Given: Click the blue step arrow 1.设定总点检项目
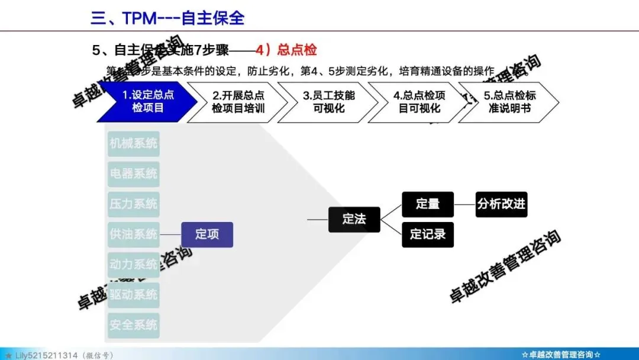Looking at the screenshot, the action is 147,102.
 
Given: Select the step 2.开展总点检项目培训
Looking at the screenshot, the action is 238,102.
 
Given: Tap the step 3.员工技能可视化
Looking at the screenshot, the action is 328,102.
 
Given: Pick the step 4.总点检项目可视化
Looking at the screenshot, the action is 419,102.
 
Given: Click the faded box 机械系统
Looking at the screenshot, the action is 134,143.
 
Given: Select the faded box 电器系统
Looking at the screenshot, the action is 134,174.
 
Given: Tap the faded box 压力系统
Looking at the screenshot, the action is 134,204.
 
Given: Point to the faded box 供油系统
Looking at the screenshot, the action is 134,234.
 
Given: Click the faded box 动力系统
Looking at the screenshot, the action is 134,265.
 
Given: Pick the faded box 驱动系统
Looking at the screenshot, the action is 134,295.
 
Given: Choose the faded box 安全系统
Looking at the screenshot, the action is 134,325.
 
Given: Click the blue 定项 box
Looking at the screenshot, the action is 206,234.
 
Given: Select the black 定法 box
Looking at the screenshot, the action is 354,219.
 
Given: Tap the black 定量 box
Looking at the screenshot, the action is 427,204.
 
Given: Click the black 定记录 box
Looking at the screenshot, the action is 427,234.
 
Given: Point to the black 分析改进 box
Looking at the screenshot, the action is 501,204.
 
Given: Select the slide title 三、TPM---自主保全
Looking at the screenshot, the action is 167,18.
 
